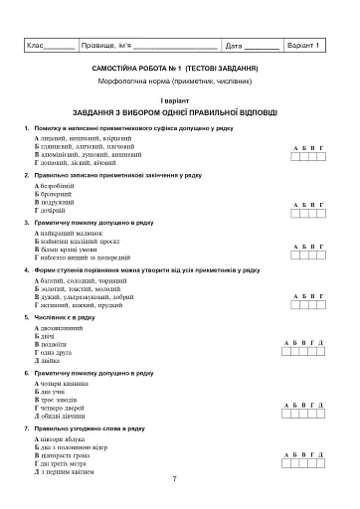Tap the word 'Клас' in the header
point(36,46)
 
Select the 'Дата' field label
point(235,46)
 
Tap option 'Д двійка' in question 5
point(46,360)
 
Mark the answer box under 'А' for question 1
point(297,157)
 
